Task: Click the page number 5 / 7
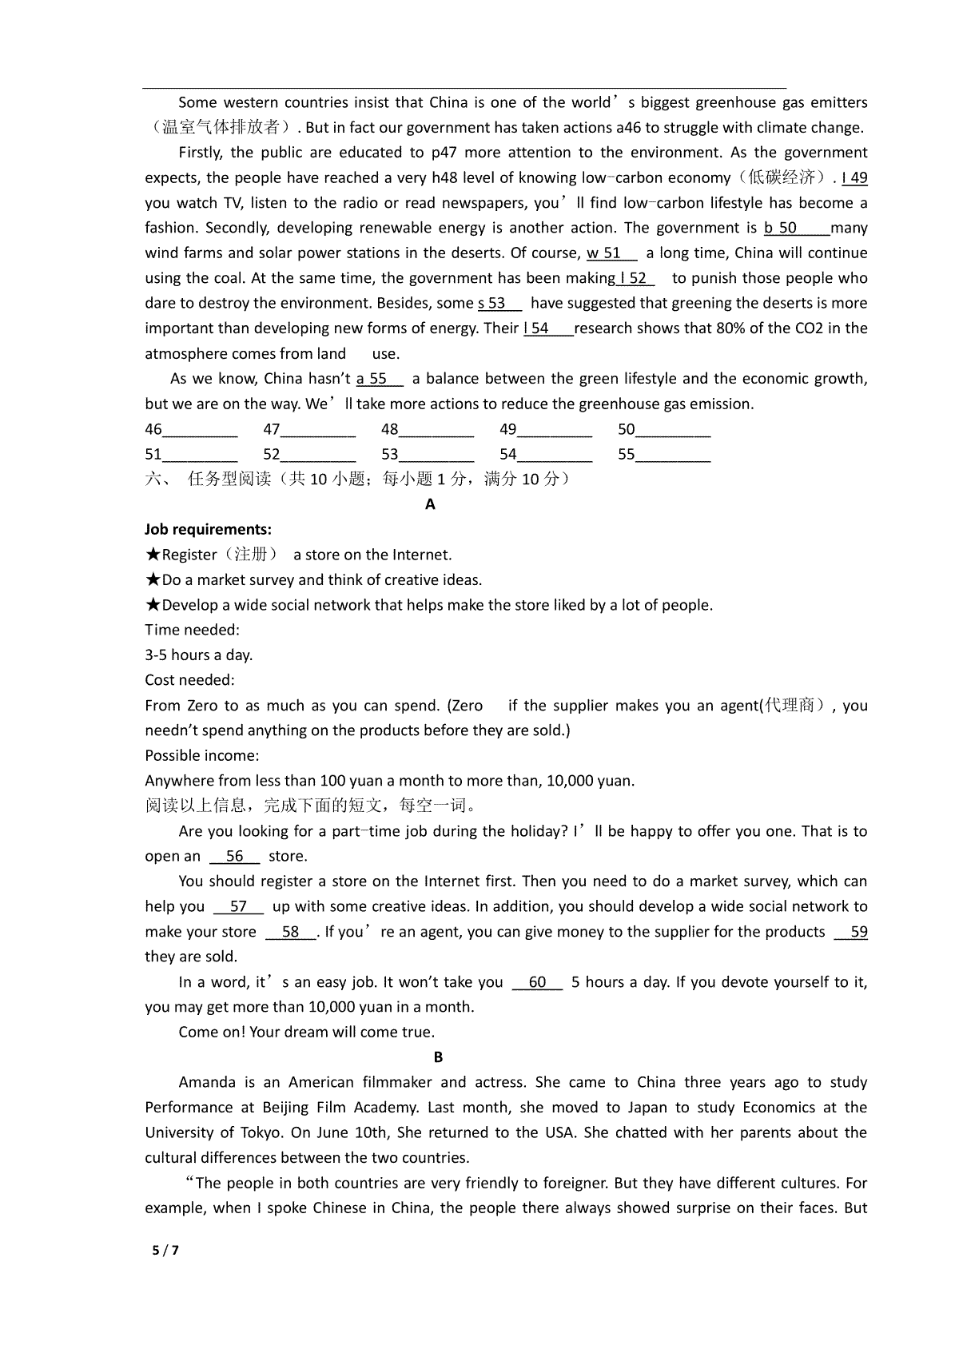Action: [x=165, y=1251]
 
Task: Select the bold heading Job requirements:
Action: [x=208, y=529]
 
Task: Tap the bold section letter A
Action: [x=431, y=504]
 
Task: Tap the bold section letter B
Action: [x=438, y=1057]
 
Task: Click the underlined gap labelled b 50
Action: [x=796, y=229]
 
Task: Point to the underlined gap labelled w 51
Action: [x=611, y=253]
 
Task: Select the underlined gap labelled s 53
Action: [x=499, y=304]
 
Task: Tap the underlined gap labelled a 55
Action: [x=380, y=379]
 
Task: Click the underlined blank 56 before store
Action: [x=235, y=857]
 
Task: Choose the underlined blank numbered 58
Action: [x=291, y=932]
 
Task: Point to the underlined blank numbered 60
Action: [x=537, y=982]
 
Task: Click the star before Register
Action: [x=153, y=555]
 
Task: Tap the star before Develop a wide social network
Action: [x=153, y=605]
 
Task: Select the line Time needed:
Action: [x=192, y=630]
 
